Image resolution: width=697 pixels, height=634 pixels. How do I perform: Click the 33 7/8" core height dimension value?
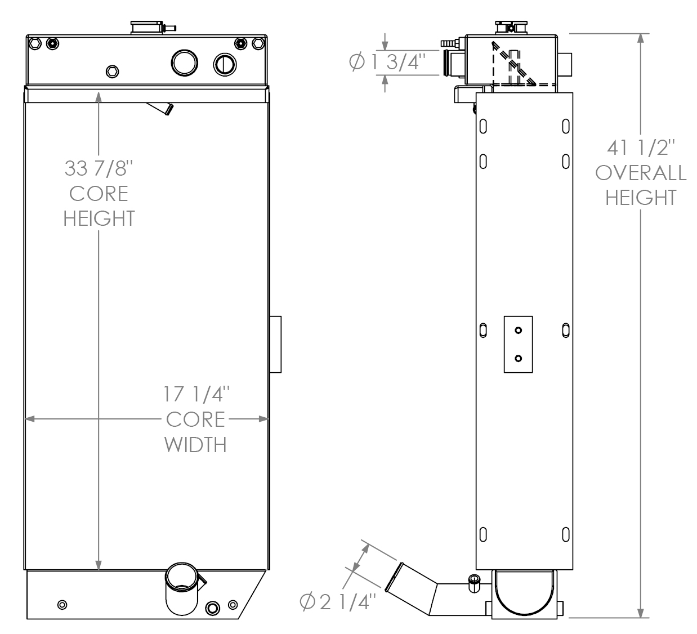point(99,168)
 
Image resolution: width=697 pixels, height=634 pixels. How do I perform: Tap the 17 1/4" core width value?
point(196,394)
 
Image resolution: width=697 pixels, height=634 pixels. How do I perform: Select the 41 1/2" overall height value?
point(641,148)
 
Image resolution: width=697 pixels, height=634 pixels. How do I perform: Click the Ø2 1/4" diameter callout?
point(337,602)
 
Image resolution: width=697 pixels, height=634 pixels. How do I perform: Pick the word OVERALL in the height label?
point(641,173)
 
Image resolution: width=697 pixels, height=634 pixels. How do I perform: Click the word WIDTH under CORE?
point(195,444)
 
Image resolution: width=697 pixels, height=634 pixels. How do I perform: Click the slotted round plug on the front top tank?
point(225,65)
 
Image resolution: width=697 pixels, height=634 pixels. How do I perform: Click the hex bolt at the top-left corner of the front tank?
point(35,43)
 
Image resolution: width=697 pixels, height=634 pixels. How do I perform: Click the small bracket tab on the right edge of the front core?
point(275,344)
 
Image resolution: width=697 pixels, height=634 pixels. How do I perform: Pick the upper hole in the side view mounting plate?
point(518,331)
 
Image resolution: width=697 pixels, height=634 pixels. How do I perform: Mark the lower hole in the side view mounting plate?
point(518,358)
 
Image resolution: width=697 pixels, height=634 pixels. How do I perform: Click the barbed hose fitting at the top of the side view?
point(450,43)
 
